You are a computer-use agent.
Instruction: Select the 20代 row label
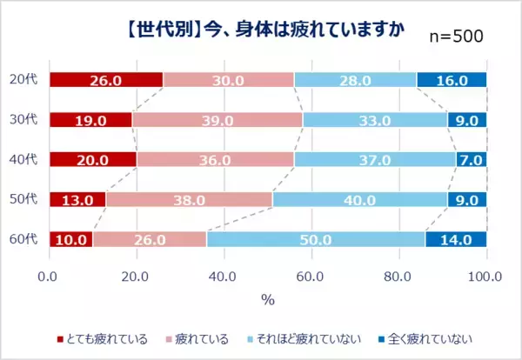26,80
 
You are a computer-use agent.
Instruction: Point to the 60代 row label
26,239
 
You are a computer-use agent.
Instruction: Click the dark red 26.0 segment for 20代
106,80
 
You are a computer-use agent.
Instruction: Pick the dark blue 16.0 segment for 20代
452,80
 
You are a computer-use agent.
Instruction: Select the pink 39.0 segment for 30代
217,120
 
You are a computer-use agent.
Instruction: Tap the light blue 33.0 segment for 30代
374,120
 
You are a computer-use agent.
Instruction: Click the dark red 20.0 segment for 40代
93,160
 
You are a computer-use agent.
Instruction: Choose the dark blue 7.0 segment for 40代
471,160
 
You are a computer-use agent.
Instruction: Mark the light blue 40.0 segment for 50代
359,199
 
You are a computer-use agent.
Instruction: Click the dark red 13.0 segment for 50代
77,199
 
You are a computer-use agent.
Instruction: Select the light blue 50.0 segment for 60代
314,239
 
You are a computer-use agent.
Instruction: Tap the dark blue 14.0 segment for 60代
455,239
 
